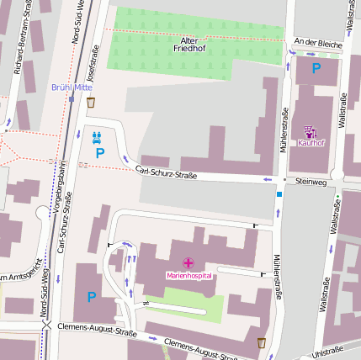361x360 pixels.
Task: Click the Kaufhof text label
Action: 310,143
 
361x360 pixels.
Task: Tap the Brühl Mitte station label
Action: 72,87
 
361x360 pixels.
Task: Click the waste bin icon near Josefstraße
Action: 90,103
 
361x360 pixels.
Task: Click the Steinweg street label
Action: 310,180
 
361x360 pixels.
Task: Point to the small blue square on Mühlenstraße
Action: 279,195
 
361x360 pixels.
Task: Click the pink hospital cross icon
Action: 188,264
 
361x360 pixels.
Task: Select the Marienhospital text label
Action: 188,276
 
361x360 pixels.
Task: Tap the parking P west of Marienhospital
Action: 91,296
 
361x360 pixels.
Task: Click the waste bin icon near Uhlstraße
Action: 261,342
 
